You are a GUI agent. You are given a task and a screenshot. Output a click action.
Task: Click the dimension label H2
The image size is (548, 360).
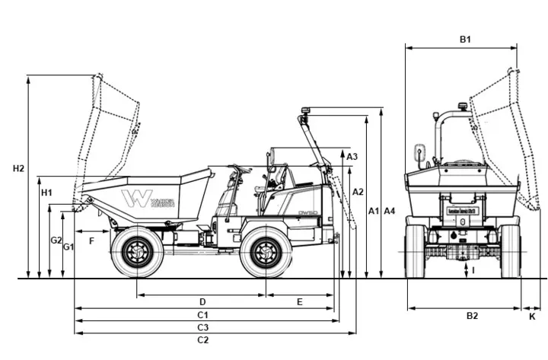coord(19,168)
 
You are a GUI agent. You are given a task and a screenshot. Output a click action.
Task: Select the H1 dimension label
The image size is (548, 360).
coord(46,193)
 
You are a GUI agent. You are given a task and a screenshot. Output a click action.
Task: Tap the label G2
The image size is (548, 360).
coord(56,241)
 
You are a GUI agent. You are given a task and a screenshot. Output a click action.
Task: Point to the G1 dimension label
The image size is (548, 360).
coord(68,247)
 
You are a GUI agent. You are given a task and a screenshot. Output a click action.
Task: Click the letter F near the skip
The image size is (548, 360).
coord(91,241)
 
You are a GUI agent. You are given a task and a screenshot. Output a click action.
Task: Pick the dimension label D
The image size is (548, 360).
coord(202,302)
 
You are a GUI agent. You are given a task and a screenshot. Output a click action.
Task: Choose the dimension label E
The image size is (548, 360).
coord(299,302)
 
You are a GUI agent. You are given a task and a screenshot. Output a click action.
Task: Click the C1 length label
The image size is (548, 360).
coord(202,315)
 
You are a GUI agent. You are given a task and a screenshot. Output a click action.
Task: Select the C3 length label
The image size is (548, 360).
coord(202,327)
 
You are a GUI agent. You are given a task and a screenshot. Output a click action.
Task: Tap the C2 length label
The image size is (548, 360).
coord(202,340)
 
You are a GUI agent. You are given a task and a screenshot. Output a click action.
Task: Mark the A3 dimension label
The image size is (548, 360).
coord(352,156)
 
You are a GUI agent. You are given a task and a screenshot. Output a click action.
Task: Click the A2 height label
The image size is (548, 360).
coord(358,192)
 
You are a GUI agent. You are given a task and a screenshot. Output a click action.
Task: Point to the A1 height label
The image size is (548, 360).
coord(373,210)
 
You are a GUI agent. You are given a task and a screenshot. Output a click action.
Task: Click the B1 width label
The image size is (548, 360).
coord(465,39)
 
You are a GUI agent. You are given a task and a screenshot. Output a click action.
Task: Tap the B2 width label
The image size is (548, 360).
coord(472,315)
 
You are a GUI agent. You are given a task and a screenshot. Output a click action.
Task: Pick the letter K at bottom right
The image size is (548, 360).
coord(532,315)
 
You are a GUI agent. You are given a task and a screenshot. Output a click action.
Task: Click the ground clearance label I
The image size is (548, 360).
coord(472,270)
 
